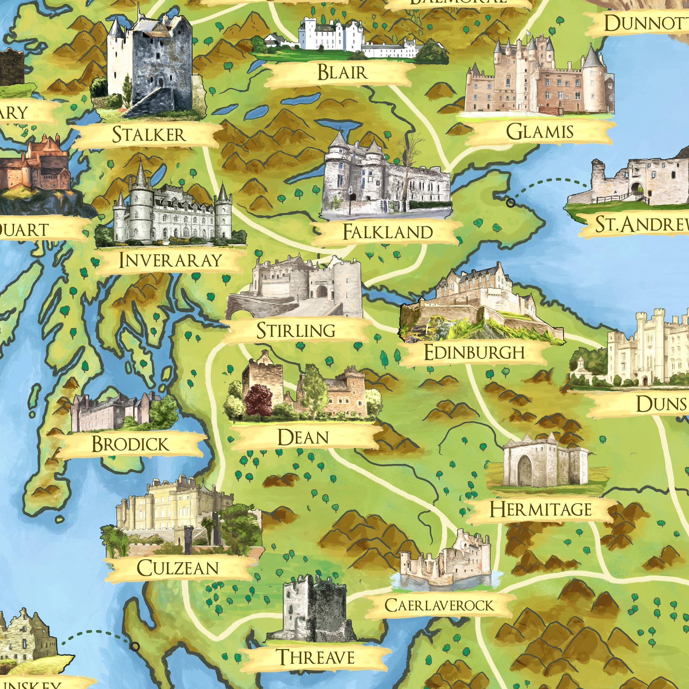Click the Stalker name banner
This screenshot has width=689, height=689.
click(x=149, y=134)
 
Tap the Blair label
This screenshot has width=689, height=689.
click(x=342, y=72)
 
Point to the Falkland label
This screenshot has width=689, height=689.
click(x=388, y=232)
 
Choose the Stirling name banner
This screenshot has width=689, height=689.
click(x=296, y=330)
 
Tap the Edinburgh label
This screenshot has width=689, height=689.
click(x=474, y=352)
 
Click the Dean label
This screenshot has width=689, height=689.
click(x=303, y=438)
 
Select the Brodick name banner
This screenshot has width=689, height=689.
click(x=130, y=444)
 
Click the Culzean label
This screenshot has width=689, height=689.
click(x=178, y=568)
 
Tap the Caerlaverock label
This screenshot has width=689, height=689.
click(x=439, y=605)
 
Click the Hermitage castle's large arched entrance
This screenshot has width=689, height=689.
click(x=525, y=472)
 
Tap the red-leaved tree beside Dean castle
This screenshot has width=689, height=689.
click(x=259, y=399)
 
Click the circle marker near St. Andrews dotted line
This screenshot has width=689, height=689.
click(x=511, y=203)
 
